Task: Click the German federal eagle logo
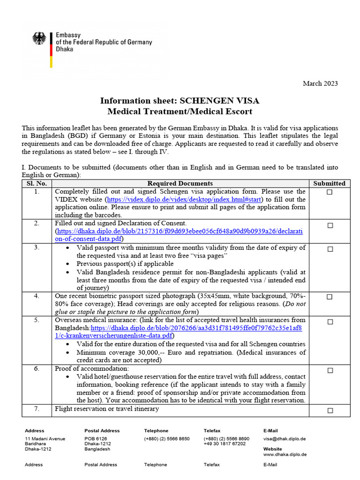pos(39,38)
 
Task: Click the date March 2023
pos(320,83)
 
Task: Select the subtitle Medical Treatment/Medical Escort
pos(180,112)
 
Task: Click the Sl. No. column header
pos(37,183)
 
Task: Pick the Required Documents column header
pos(180,183)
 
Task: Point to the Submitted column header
pos(329,183)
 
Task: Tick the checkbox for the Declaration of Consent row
pos(330,225)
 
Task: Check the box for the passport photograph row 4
pos(330,297)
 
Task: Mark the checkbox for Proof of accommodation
pos(330,370)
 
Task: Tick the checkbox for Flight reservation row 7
pos(330,411)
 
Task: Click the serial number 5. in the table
pos(37,320)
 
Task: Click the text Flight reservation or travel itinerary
pos(107,409)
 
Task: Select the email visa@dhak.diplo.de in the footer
pos(285,439)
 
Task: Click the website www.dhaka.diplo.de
pos(285,454)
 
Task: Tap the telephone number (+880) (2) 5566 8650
pos(167,439)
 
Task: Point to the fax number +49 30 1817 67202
pos(225,444)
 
